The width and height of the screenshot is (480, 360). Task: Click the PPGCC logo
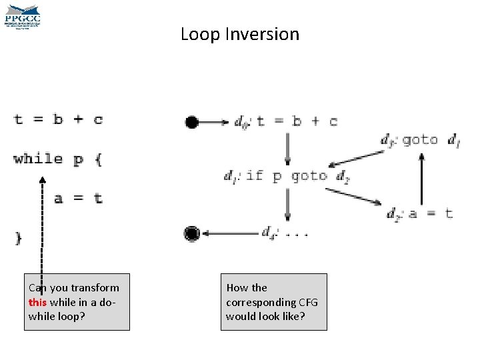23,17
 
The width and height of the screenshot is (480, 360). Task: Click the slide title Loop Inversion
240,34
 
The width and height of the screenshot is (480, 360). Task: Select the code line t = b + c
59,120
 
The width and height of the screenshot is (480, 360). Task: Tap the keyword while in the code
38,159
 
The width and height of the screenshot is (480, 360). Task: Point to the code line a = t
79,198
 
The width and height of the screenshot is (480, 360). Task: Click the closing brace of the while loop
18,237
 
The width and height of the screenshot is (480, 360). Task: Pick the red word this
37,302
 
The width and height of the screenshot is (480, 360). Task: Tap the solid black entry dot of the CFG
192,122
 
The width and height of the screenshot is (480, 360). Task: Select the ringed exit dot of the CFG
192,233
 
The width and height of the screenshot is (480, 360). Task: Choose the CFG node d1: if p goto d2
287,177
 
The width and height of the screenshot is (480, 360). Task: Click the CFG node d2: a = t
420,213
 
